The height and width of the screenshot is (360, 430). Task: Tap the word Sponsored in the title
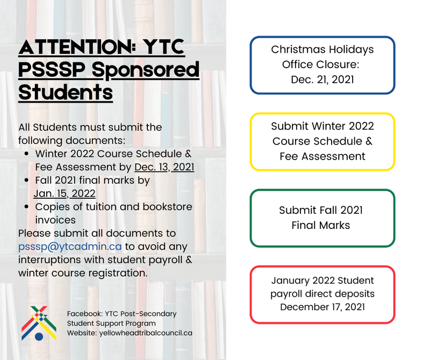click(x=145, y=70)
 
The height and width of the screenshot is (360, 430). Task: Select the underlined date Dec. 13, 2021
click(x=164, y=167)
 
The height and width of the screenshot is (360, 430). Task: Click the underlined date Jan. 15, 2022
click(x=64, y=193)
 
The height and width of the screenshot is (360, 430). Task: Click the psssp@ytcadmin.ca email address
click(x=70, y=247)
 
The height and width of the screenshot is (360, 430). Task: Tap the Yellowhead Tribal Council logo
click(x=39, y=323)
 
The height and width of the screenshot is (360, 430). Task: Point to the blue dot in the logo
click(x=39, y=336)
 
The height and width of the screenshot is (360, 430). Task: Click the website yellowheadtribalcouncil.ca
click(x=146, y=333)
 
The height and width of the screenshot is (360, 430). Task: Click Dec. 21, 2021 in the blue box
click(x=322, y=80)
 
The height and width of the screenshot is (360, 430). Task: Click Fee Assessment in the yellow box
click(x=322, y=156)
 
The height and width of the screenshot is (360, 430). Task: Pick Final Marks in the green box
click(x=321, y=225)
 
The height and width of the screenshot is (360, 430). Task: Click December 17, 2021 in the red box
click(x=322, y=307)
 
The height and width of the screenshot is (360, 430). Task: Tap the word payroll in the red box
click(x=286, y=294)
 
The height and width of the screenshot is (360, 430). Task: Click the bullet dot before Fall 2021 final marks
click(x=26, y=181)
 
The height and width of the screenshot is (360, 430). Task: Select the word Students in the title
click(x=66, y=92)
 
